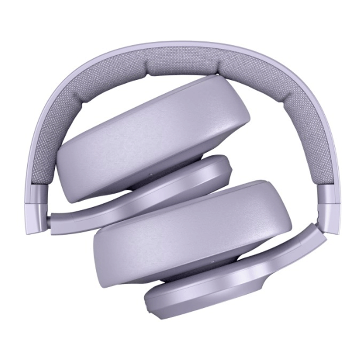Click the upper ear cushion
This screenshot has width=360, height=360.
[151, 137]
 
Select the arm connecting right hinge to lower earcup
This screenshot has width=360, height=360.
[310, 238]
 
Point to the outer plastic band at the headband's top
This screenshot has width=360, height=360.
[180, 44]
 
